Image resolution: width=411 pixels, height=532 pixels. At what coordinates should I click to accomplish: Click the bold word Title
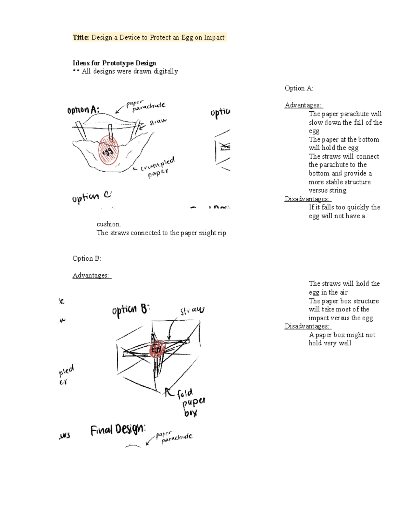tap(81, 37)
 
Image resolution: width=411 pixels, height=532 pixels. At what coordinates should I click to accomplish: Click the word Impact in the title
tap(214, 37)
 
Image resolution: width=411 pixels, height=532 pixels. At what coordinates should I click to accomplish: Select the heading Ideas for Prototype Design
tap(114, 63)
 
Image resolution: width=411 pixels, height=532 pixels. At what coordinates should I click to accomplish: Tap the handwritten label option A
tap(83, 110)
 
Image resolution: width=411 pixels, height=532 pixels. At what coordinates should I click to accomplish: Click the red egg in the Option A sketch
tap(109, 150)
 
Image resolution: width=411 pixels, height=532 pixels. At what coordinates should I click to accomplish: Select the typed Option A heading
tap(299, 88)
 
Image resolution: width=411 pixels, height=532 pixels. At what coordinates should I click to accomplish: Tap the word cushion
tap(109, 224)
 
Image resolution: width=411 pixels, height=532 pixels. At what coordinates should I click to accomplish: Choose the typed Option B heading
tap(87, 259)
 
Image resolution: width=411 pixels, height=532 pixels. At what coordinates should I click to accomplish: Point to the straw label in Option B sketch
tap(192, 310)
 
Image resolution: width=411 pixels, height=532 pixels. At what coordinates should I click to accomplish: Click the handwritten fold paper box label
tap(191, 403)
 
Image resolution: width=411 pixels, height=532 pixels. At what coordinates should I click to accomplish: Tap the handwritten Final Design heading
tap(118, 430)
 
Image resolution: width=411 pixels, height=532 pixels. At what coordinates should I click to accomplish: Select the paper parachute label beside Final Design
tap(174, 437)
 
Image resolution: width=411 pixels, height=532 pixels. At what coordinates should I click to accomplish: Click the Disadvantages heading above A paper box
tap(307, 326)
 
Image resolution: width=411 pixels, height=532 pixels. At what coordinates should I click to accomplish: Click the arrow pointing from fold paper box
tap(168, 392)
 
